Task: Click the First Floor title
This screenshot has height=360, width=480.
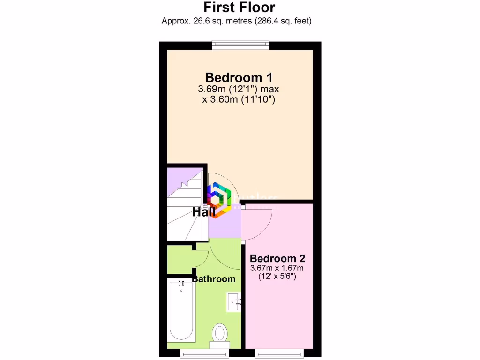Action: (240, 7)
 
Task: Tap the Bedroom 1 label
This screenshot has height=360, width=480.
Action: (239, 77)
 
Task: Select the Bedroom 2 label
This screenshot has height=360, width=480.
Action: (277, 258)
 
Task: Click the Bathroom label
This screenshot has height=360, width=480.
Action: (214, 279)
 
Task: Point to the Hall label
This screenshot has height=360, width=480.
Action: (203, 212)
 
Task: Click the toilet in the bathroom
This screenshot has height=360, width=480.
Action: (219, 334)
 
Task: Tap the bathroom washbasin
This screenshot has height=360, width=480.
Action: (234, 301)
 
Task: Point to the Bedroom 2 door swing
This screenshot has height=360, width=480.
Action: (259, 221)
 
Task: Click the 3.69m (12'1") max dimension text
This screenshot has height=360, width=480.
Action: (239, 89)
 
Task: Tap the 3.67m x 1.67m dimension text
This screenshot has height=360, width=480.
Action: (277, 268)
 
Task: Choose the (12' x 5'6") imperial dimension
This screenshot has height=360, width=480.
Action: (277, 277)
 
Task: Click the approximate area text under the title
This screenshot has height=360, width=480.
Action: (237, 21)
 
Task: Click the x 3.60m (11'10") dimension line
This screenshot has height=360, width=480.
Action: (239, 99)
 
